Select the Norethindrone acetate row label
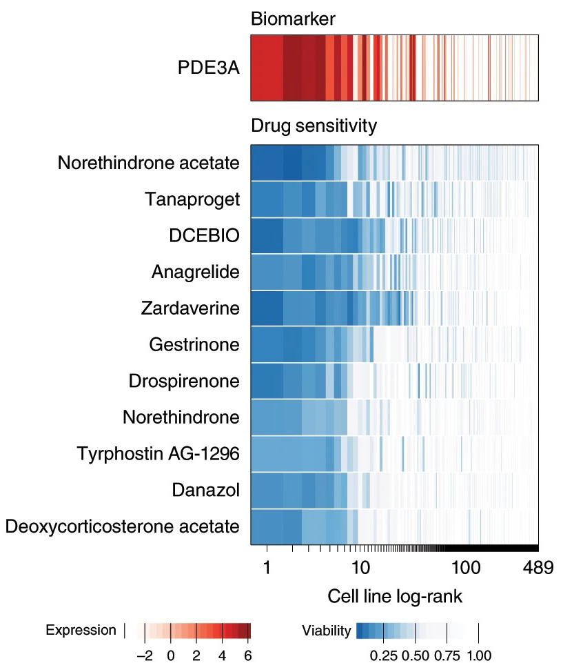(x=148, y=164)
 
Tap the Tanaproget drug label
(x=192, y=200)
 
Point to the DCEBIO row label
(x=204, y=236)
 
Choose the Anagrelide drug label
(x=196, y=272)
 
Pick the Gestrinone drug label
(x=194, y=344)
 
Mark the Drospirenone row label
(x=184, y=381)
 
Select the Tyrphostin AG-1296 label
(x=158, y=453)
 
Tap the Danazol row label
(x=205, y=490)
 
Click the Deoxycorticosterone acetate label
(x=122, y=526)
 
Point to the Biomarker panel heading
(x=293, y=19)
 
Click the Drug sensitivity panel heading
(x=314, y=126)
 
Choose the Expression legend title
(x=81, y=630)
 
